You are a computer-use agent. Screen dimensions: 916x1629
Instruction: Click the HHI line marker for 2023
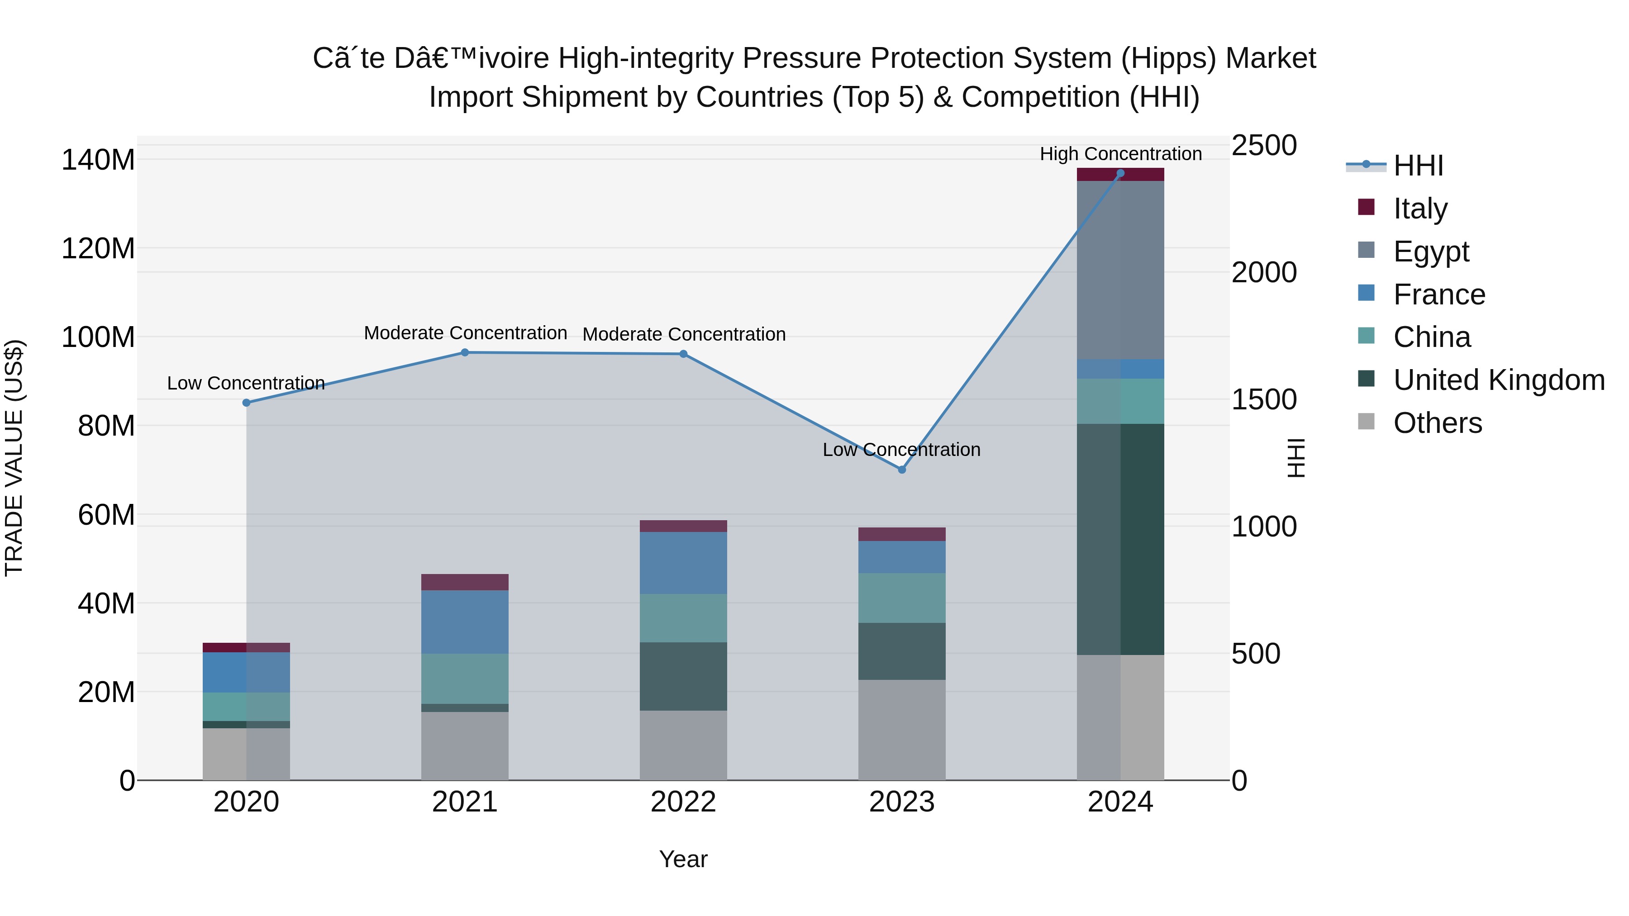tap(902, 470)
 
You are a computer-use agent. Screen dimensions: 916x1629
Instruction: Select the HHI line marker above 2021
tap(465, 353)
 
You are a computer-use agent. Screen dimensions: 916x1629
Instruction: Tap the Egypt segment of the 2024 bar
tap(1120, 270)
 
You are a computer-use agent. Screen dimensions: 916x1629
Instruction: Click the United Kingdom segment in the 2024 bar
tap(1120, 539)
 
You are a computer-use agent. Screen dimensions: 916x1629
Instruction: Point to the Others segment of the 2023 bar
tap(902, 730)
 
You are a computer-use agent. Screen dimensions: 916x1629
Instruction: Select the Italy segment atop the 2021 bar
tap(465, 582)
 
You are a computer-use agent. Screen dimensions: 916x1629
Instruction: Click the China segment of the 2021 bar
tap(465, 679)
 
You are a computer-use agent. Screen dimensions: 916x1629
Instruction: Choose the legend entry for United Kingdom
tap(1499, 380)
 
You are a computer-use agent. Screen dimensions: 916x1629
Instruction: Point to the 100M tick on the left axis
tap(98, 337)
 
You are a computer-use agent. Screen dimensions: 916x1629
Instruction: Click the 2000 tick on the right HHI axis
tap(1263, 272)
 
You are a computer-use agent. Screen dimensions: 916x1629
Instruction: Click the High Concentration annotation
tap(1120, 154)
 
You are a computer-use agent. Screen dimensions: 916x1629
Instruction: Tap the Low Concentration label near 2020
tap(246, 383)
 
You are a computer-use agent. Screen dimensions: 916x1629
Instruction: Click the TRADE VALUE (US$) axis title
tap(14, 458)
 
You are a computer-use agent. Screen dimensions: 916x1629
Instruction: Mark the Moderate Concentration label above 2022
tap(684, 334)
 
